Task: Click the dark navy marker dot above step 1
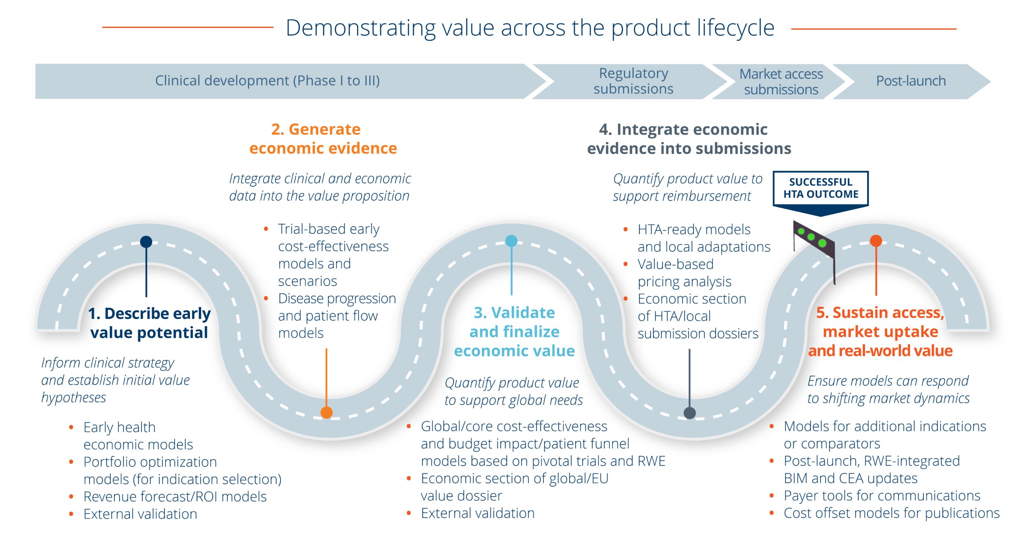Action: coord(146,242)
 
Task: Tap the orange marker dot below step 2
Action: coord(327,412)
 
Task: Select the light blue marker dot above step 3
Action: coord(511,241)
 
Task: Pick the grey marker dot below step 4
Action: coord(690,413)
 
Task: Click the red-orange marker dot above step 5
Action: coord(876,241)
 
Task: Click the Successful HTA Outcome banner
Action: coord(821,189)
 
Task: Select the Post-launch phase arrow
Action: coord(911,81)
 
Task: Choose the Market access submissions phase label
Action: coord(781,82)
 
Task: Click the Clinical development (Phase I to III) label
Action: coord(267,81)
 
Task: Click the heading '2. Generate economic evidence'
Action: coord(323,139)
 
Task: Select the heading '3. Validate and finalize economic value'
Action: coord(514,332)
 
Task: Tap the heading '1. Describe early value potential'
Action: coord(149,323)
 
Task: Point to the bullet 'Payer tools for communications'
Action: coord(882,496)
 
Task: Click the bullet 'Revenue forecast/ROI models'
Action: coord(175,496)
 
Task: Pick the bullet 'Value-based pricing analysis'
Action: coord(684,273)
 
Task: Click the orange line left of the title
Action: coord(188,27)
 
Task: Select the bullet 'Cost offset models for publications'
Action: coord(891,513)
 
